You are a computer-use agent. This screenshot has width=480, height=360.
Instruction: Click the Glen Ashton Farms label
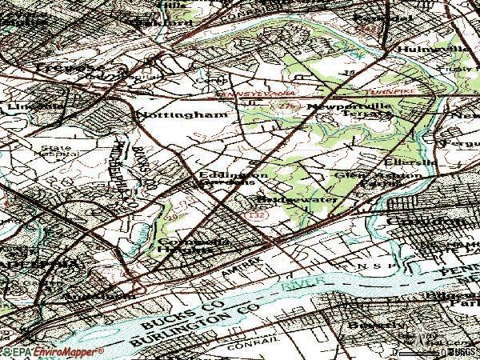(x=363, y=178)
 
